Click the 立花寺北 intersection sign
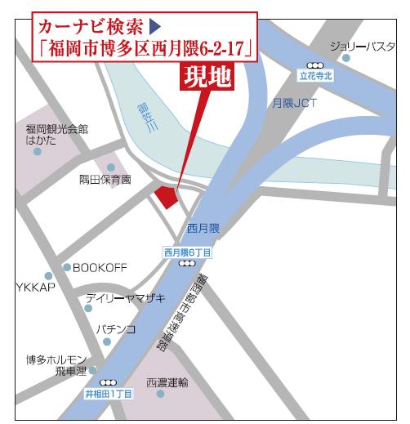coord(317,74)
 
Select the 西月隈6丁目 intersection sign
coord(187,253)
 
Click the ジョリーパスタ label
coord(365,47)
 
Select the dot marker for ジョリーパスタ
coord(346,58)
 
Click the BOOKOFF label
coord(100,267)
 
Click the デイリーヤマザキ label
coord(125,298)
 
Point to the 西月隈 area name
coord(203,227)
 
